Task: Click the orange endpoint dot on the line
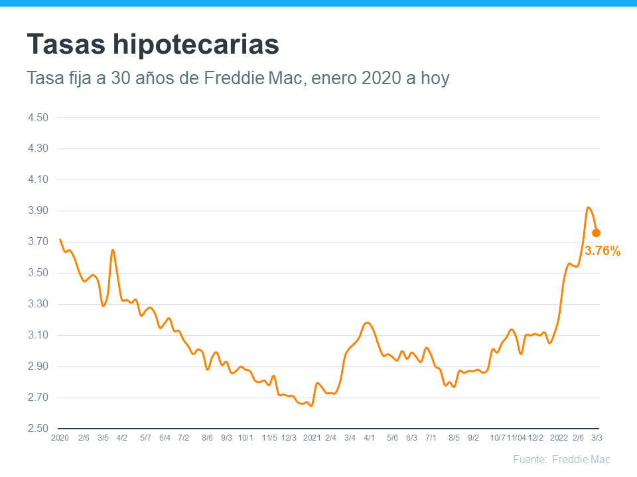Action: (596, 233)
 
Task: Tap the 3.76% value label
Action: (602, 251)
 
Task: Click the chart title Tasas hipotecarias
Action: (153, 45)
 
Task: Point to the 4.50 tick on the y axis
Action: (38, 117)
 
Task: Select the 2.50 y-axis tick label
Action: (38, 429)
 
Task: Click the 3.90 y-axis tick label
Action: (38, 211)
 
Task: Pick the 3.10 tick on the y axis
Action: (38, 335)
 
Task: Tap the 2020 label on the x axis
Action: (60, 438)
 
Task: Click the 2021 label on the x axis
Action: (312, 438)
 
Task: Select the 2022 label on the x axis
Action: (559, 438)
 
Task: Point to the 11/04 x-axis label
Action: (516, 438)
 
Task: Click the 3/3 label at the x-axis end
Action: (597, 438)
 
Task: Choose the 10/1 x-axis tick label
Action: (246, 438)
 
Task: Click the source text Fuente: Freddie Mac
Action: (561, 459)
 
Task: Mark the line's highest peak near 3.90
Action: (589, 207)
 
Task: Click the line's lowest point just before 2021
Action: (311, 405)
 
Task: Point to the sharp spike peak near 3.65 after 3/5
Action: (113, 250)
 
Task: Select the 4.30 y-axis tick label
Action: (38, 148)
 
